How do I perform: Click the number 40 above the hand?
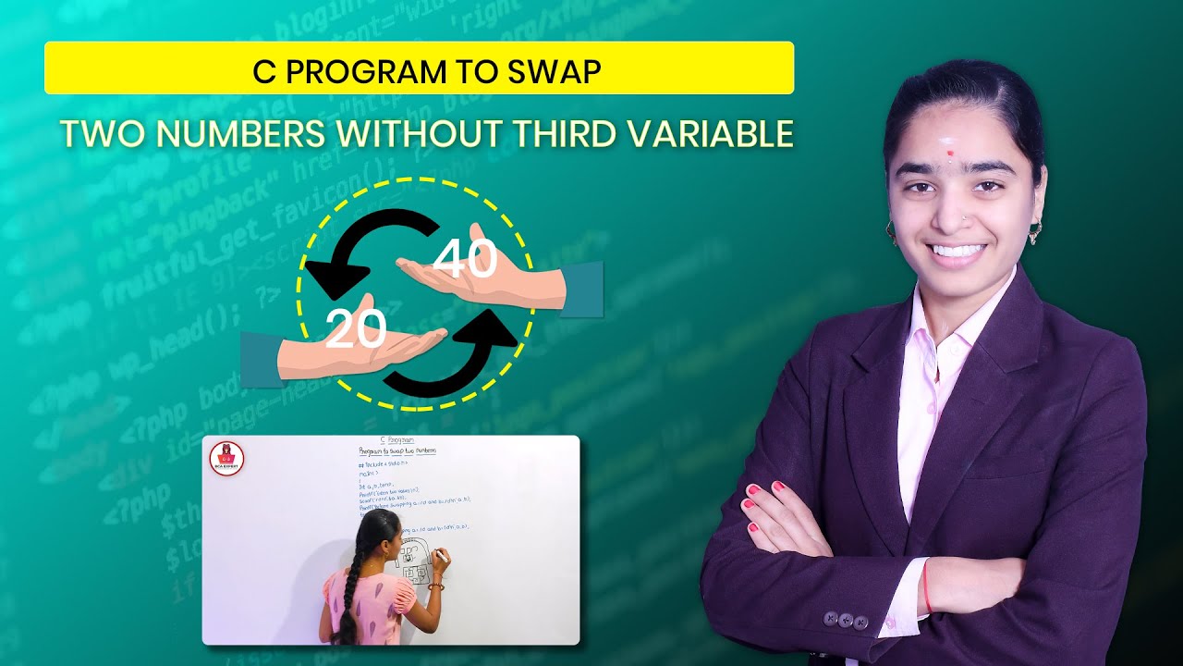[465, 259]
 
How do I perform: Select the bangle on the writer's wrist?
[435, 586]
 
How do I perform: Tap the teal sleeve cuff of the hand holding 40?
[581, 289]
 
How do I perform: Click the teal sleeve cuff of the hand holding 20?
[260, 359]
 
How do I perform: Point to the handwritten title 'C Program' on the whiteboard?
[396, 441]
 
